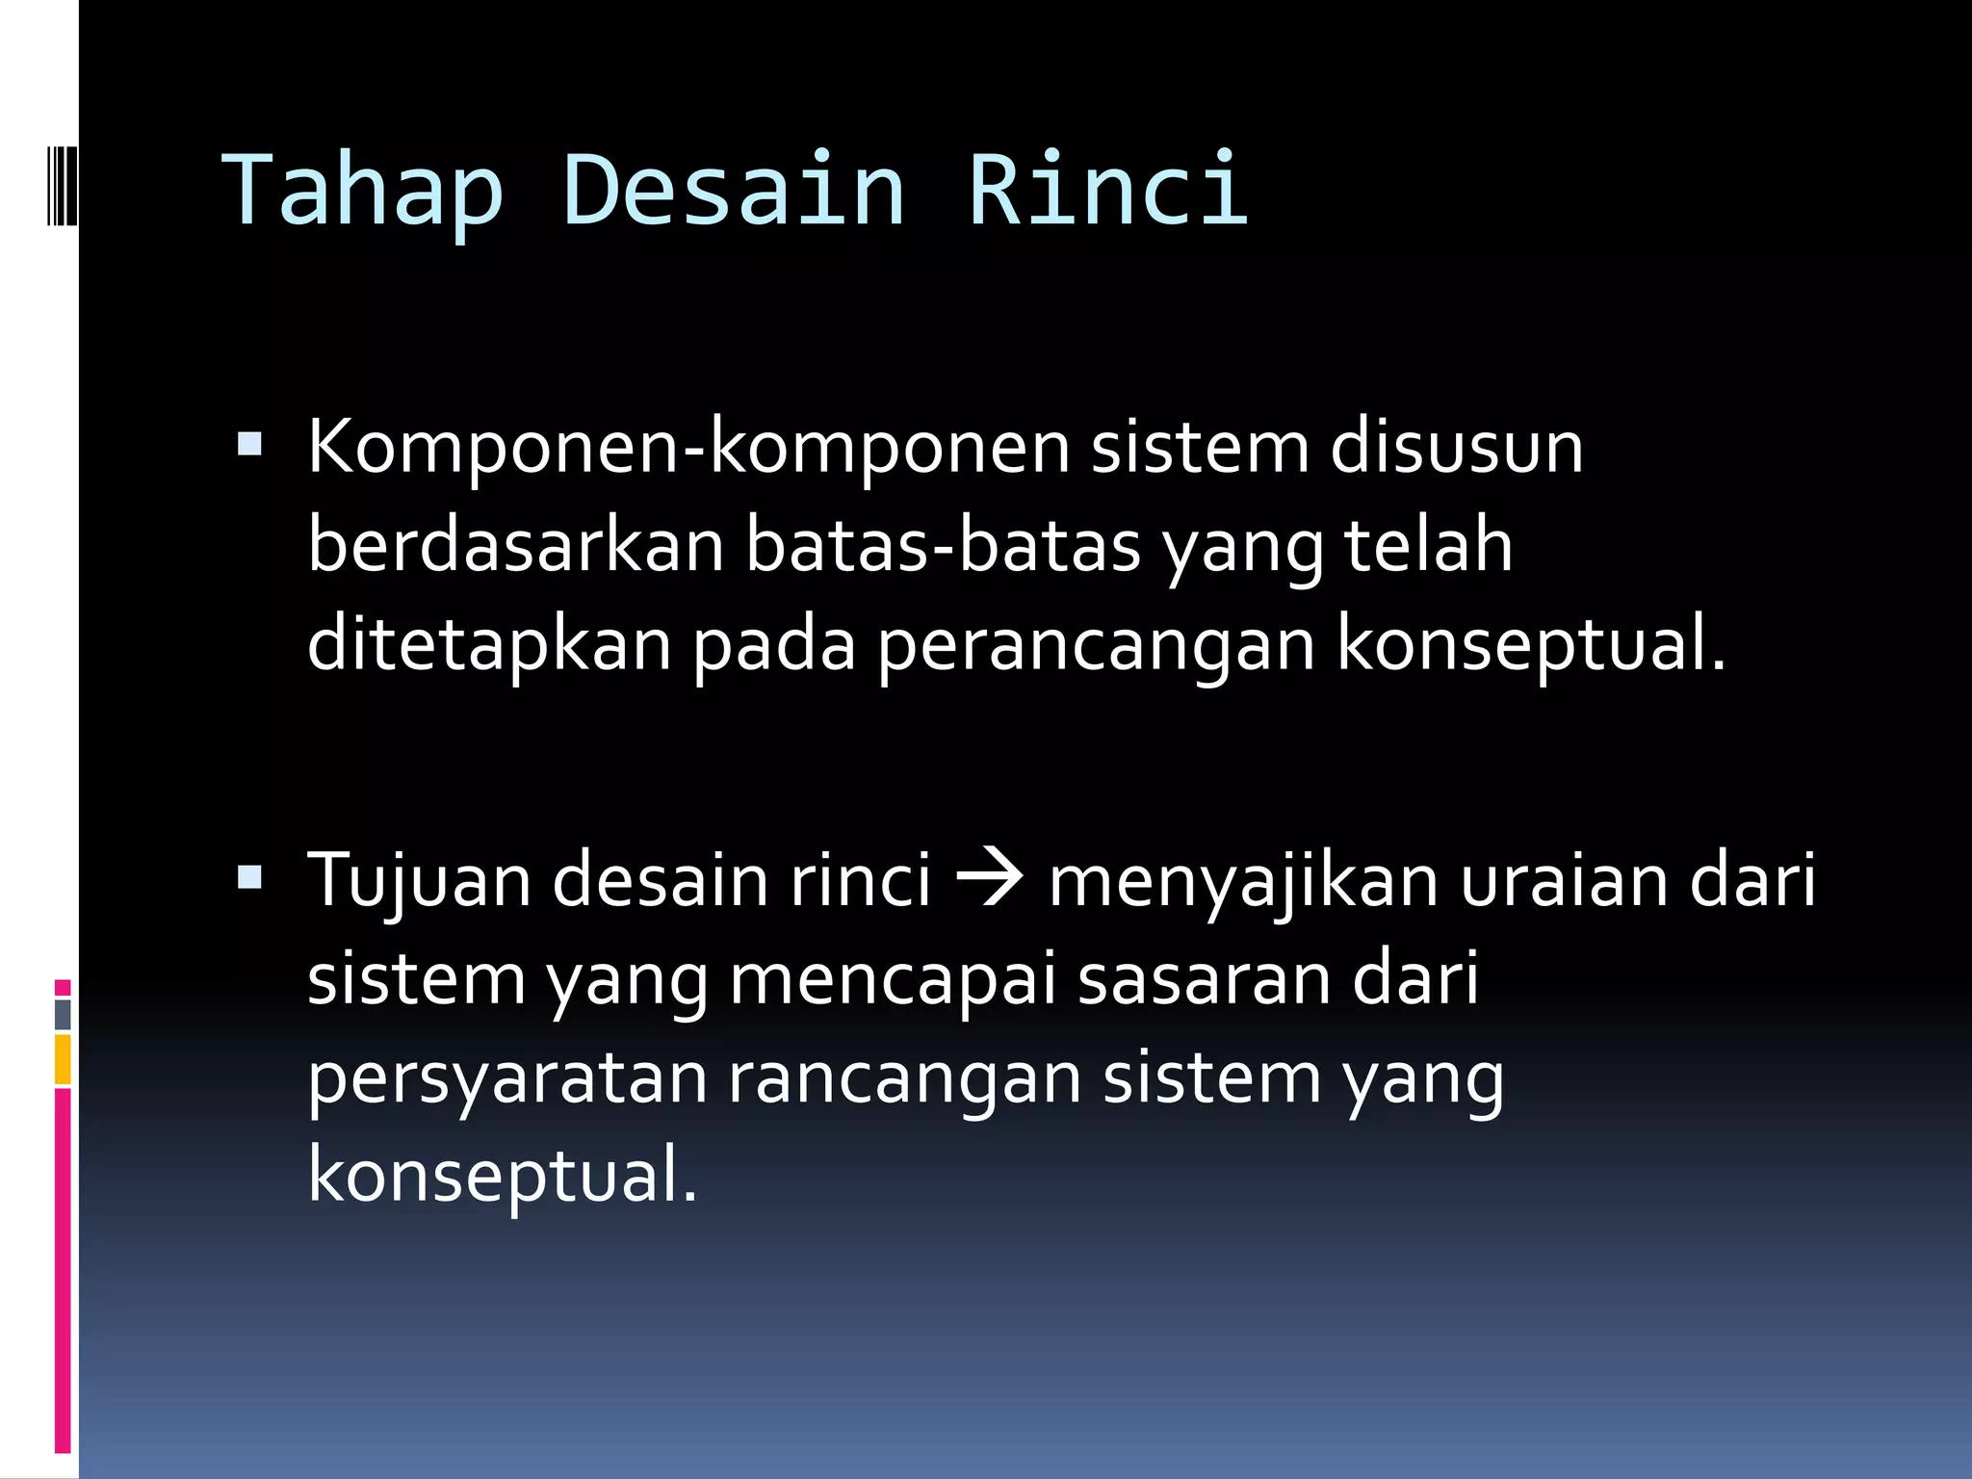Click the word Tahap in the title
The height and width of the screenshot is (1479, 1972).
(363, 191)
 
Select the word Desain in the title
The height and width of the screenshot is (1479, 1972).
(733, 191)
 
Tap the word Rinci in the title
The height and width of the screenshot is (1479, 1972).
(1108, 191)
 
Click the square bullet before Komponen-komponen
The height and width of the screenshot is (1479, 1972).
(249, 444)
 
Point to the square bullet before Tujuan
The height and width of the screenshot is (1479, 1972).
(249, 876)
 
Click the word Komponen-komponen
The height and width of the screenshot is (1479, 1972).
(688, 449)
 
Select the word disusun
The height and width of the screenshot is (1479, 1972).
(1456, 449)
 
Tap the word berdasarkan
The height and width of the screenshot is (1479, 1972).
(515, 546)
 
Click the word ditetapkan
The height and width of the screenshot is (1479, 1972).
(489, 644)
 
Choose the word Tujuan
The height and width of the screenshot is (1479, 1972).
(419, 882)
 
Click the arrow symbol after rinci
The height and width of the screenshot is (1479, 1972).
(989, 879)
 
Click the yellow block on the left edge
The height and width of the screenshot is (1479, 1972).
(63, 1059)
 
